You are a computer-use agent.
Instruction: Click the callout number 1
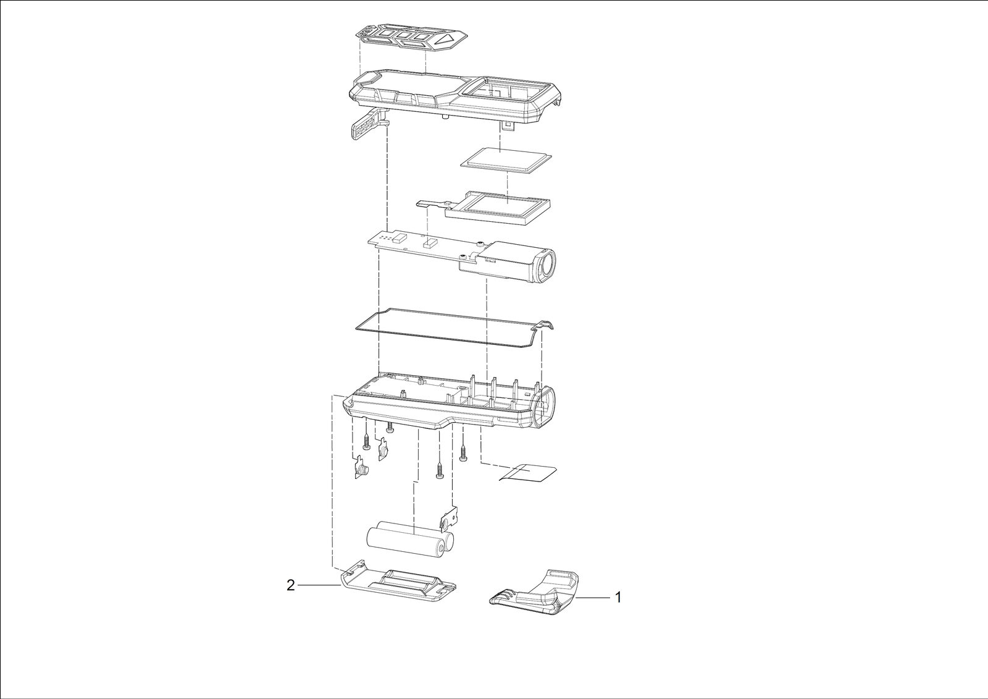click(618, 598)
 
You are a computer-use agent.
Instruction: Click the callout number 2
click(290, 585)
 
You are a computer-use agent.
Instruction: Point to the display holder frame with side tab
click(490, 208)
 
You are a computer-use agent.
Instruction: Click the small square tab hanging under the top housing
click(509, 126)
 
